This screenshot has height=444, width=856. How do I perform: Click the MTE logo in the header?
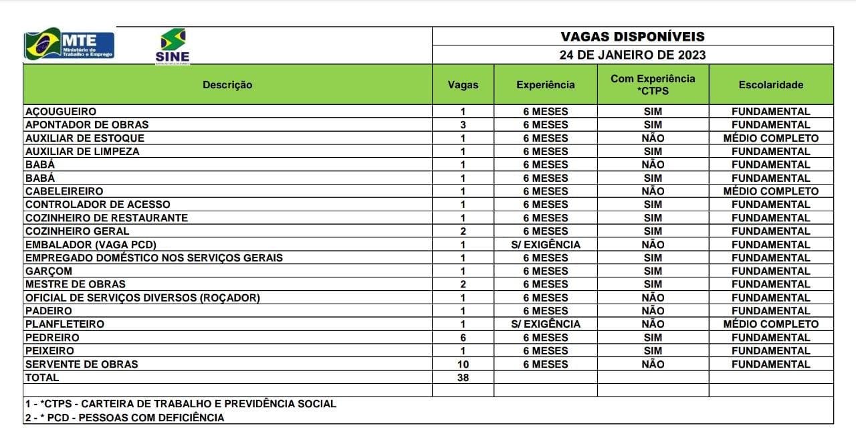pyautogui.click(x=70, y=44)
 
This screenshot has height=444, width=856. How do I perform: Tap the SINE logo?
pyautogui.click(x=173, y=46)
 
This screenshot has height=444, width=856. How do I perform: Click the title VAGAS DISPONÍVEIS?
pyautogui.click(x=632, y=37)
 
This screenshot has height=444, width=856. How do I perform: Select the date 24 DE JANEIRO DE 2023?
pyautogui.click(x=632, y=55)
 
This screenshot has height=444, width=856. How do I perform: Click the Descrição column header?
pyautogui.click(x=227, y=85)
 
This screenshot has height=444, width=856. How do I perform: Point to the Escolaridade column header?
pyautogui.click(x=770, y=85)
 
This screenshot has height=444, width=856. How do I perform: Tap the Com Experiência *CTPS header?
pyautogui.click(x=652, y=85)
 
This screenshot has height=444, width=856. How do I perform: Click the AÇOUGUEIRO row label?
pyautogui.click(x=60, y=112)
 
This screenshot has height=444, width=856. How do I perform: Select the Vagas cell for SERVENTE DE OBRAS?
pyautogui.click(x=463, y=364)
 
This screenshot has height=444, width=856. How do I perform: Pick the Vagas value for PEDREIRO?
pyautogui.click(x=463, y=338)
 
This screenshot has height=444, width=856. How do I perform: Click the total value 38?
pyautogui.click(x=463, y=378)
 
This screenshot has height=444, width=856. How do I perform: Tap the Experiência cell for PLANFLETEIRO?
pyautogui.click(x=545, y=324)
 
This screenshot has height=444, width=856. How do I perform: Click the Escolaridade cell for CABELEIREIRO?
pyautogui.click(x=770, y=191)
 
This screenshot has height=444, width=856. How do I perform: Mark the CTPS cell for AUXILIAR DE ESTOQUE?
pyautogui.click(x=652, y=138)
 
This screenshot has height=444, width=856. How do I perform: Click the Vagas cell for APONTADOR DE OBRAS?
pyautogui.click(x=463, y=125)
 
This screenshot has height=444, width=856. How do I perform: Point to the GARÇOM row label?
pyautogui.click(x=48, y=271)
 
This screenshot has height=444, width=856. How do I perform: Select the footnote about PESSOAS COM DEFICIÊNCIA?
pyautogui.click(x=124, y=418)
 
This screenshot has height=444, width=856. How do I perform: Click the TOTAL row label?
pyautogui.click(x=41, y=378)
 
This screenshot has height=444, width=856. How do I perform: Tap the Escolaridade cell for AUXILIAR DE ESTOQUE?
pyautogui.click(x=770, y=138)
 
